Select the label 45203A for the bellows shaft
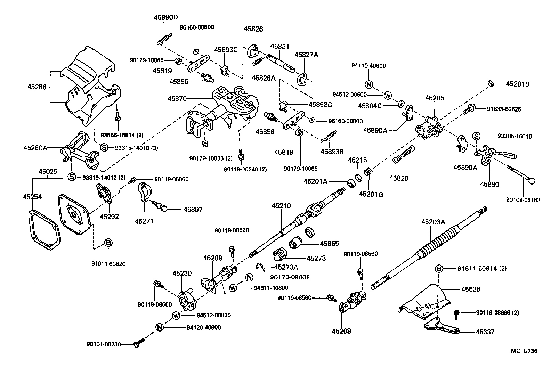point(433,222)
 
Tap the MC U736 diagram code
point(524,351)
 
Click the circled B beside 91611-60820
point(108,243)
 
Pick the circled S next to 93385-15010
point(476,136)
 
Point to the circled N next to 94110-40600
point(369,84)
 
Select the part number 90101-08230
point(104,344)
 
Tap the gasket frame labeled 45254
point(43,230)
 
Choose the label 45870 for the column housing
point(178,98)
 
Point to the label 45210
point(281,206)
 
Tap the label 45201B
point(517,84)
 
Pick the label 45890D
point(166,17)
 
